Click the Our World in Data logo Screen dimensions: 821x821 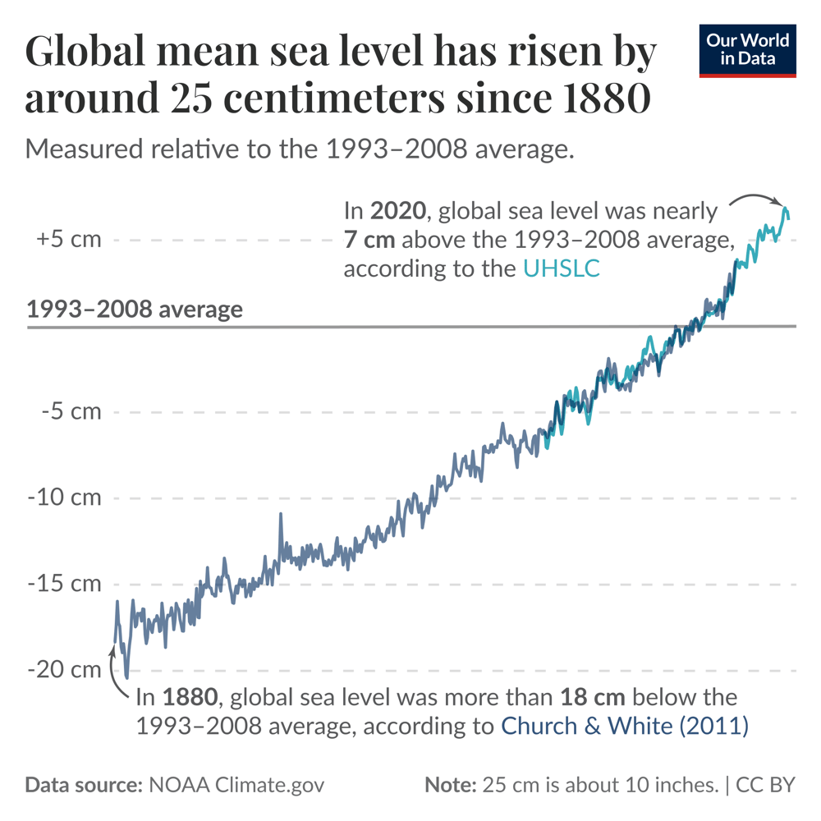pyautogui.click(x=747, y=51)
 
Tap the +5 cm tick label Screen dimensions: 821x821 pyautogui.click(x=69, y=240)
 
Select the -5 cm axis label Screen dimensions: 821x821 pyautogui.click(x=71, y=411)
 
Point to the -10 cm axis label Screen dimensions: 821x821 pyautogui.click(x=66, y=498)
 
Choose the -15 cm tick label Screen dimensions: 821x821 pyautogui.click(x=66, y=584)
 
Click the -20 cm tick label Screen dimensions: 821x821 pyautogui.click(x=66, y=670)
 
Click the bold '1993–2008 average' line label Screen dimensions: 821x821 pyautogui.click(x=135, y=310)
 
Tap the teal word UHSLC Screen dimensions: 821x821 pyautogui.click(x=561, y=268)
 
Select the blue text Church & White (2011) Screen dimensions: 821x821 pyautogui.click(x=624, y=726)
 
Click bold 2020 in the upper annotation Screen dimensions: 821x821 pyautogui.click(x=398, y=211)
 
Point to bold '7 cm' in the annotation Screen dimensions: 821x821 pyautogui.click(x=369, y=240)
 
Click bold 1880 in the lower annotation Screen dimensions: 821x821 pyautogui.click(x=190, y=698)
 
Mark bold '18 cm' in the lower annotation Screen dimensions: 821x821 pyautogui.click(x=593, y=698)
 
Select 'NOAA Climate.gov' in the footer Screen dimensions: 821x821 pyautogui.click(x=236, y=785)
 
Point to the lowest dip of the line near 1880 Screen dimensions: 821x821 pyautogui.click(x=126, y=678)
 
